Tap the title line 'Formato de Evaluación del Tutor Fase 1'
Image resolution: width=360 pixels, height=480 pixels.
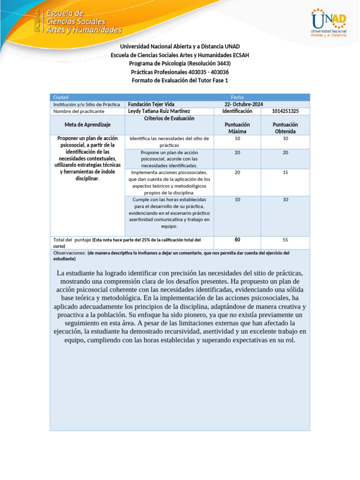pos(180,81)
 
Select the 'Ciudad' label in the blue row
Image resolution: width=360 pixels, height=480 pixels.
pos(61,97)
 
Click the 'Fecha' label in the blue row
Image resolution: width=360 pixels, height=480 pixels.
pos(237,97)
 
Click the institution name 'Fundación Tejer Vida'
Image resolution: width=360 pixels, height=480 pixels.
pos(151,105)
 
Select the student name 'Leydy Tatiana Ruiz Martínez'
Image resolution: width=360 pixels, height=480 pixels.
pos(159,112)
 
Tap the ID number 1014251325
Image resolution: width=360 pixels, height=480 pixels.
pos(285,112)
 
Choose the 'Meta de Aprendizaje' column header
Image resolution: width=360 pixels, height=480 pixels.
pos(87,125)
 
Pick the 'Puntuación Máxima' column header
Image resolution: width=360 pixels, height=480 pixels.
pos(237,128)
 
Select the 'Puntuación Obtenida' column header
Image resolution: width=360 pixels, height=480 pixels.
pos(285,128)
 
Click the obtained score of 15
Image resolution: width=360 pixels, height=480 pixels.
pos(285,172)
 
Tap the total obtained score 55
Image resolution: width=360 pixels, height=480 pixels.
pos(285,240)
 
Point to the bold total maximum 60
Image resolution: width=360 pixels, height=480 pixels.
pos(237,240)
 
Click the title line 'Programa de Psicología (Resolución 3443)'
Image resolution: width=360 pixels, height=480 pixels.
pos(180,64)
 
